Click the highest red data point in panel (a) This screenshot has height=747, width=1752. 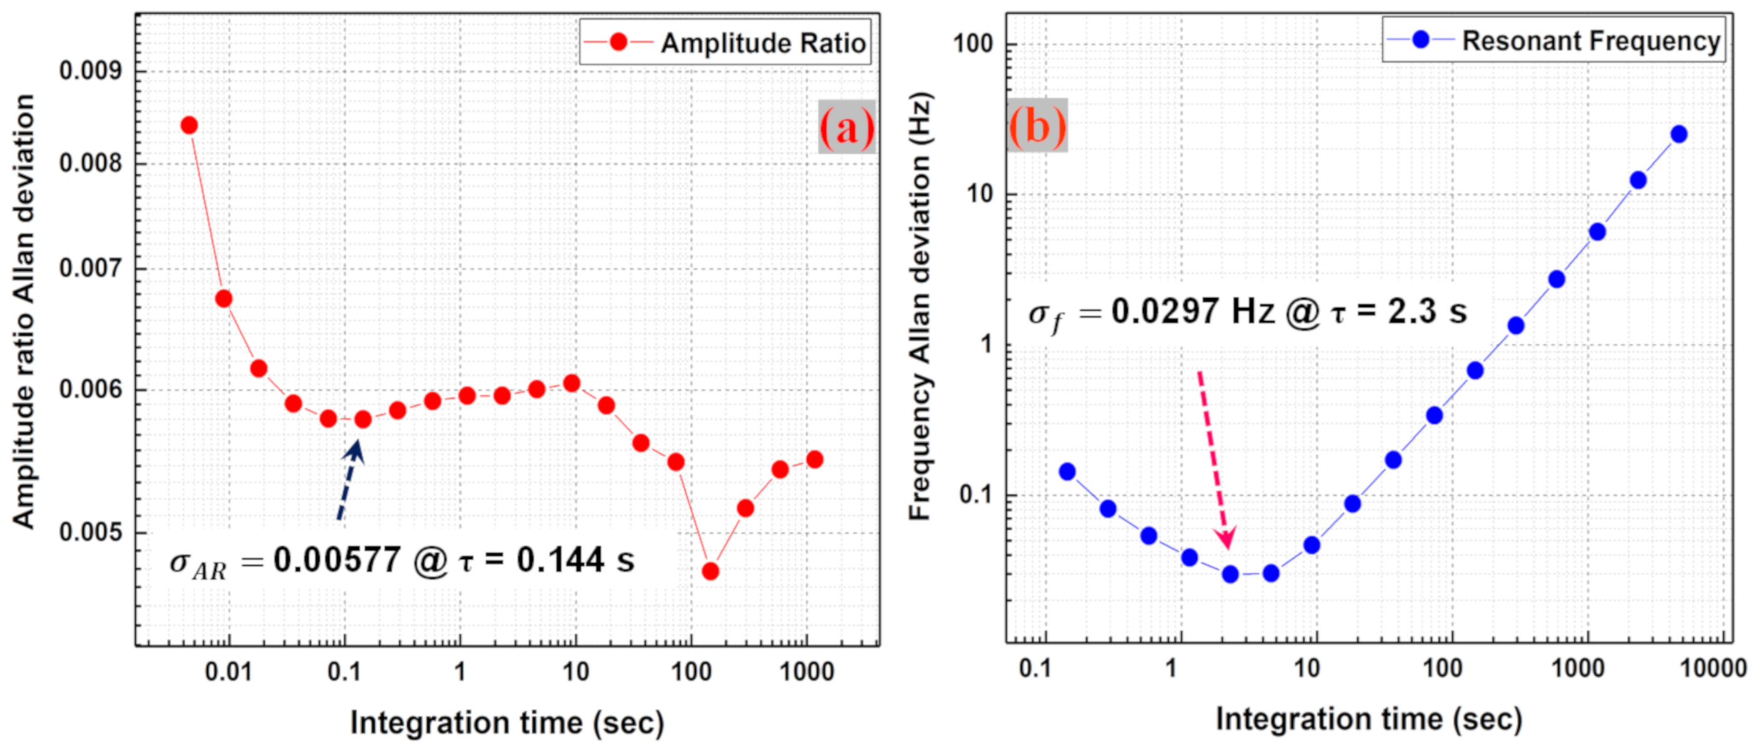189,125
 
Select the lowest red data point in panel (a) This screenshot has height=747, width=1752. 710,571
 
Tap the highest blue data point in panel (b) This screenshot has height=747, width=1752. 1679,134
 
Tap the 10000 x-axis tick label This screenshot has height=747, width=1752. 1713,668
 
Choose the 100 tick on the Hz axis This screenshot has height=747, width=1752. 972,44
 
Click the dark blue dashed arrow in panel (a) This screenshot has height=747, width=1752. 350,480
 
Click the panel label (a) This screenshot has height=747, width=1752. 846,126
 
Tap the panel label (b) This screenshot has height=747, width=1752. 1037,125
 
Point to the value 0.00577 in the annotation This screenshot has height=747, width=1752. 336,560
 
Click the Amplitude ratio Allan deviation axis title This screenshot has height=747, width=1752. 24,311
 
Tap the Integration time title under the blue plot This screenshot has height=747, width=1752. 1368,719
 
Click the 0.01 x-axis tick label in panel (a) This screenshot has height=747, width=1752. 228,671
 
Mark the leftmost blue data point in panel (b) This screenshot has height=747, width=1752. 1067,471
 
